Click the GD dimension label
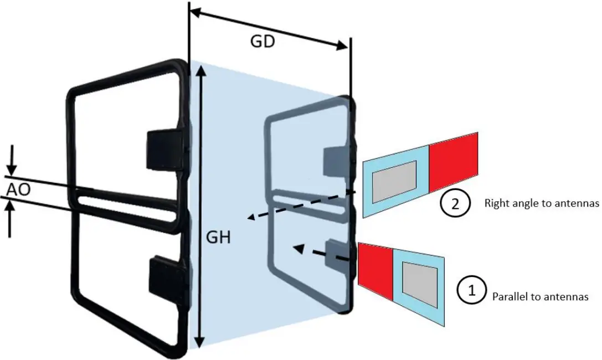[261, 42]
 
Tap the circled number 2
[455, 203]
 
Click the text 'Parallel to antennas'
[539, 297]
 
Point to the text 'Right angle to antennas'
[542, 203]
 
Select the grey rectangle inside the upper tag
[394, 181]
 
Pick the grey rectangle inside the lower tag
[420, 280]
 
